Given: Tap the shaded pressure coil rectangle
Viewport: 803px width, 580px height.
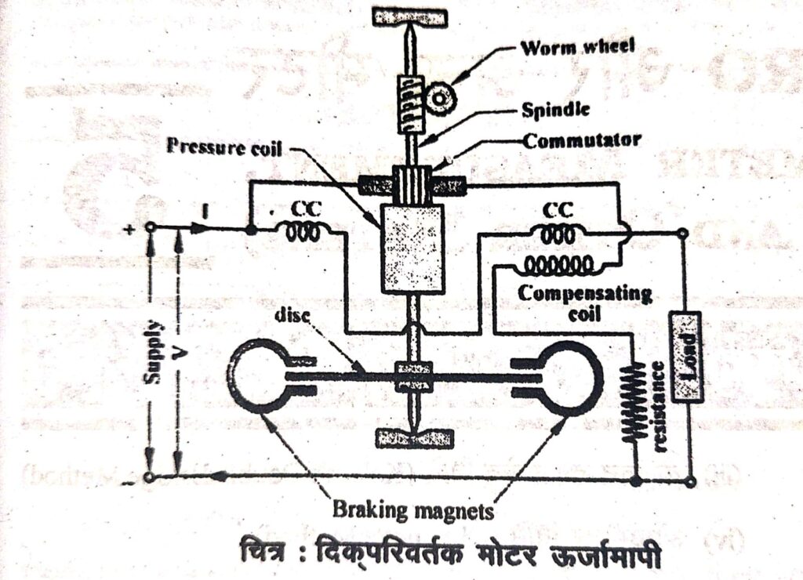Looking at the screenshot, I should coord(411,248).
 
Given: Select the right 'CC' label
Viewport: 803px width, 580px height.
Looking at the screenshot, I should coord(557,211).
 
